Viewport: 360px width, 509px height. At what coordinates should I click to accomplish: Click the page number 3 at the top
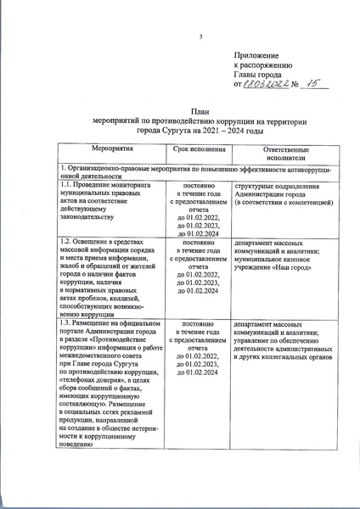201,36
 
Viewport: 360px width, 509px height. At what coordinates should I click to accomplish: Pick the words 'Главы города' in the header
256,74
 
